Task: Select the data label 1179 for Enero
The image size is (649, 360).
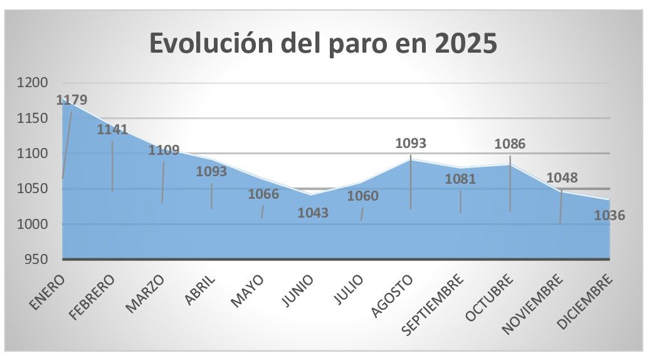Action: click(x=72, y=100)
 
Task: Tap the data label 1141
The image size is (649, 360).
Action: click(x=113, y=130)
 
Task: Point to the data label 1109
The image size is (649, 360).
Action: click(x=164, y=151)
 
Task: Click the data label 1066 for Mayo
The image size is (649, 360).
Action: click(x=263, y=194)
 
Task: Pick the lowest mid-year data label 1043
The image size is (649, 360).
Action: click(x=313, y=213)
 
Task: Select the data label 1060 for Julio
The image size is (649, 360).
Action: click(x=363, y=197)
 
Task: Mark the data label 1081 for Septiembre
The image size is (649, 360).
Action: click(x=460, y=179)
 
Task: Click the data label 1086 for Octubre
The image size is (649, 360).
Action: click(x=510, y=144)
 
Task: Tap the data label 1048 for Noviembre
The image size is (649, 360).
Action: click(x=562, y=178)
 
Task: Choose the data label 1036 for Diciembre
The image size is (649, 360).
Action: click(x=609, y=216)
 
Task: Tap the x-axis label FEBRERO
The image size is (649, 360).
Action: click(x=93, y=297)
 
